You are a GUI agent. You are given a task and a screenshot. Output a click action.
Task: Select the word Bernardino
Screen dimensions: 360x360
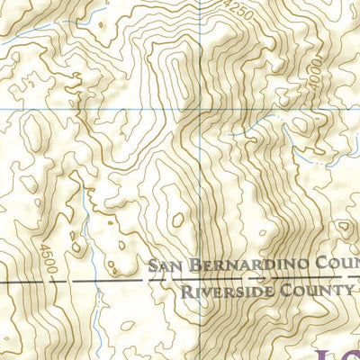pyautogui.click(x=235, y=264)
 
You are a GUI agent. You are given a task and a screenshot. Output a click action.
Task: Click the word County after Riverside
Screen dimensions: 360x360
pyautogui.click(x=316, y=291)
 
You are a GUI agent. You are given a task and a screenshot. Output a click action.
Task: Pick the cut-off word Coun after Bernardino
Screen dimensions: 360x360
pyautogui.click(x=328, y=264)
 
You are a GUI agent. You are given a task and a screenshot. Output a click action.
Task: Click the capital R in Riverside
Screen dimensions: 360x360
pyautogui.click(x=186, y=291)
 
